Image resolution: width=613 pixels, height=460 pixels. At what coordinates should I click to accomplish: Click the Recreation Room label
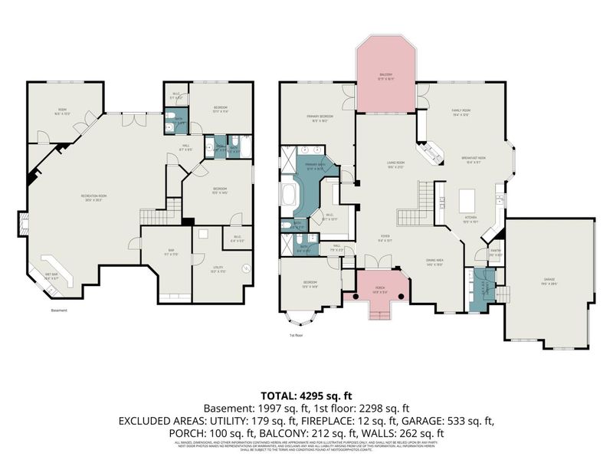[93, 197]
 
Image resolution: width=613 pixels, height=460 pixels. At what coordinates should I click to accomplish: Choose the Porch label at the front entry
[380, 291]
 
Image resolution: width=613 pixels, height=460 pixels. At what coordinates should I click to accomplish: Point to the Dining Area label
[435, 261]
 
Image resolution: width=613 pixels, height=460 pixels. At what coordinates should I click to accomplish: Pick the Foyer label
[385, 238]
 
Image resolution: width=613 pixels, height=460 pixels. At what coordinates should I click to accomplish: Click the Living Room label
[395, 165]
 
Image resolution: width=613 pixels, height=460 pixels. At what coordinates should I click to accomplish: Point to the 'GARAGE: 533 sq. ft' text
[454, 420]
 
